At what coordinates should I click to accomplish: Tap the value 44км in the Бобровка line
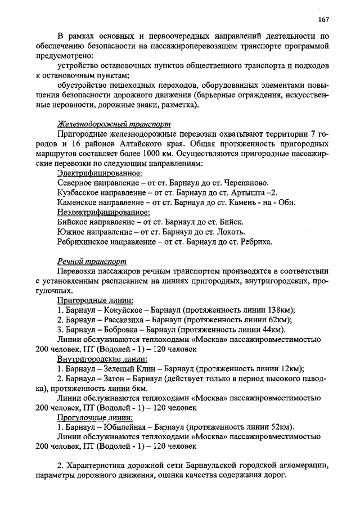274,330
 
